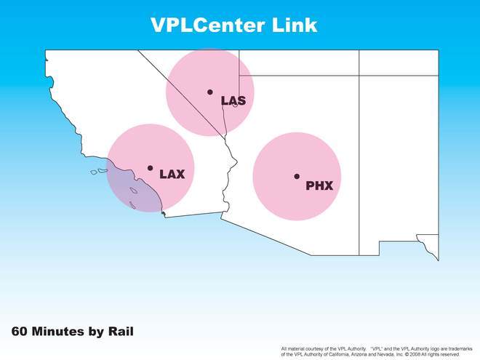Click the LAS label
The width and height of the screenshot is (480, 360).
click(x=233, y=100)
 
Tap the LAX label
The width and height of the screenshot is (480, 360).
click(x=172, y=175)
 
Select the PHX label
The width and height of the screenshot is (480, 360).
click(x=319, y=185)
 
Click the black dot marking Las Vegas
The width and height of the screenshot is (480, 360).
click(x=210, y=92)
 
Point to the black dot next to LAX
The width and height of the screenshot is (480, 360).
click(x=150, y=168)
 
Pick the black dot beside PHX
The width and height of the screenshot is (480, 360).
click(x=297, y=176)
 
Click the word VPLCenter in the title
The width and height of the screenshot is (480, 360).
click(x=207, y=25)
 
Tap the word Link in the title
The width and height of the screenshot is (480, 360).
click(x=295, y=25)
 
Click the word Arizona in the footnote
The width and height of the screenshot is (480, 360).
click(x=358, y=354)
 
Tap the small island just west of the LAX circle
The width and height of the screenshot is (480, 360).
click(x=94, y=172)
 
